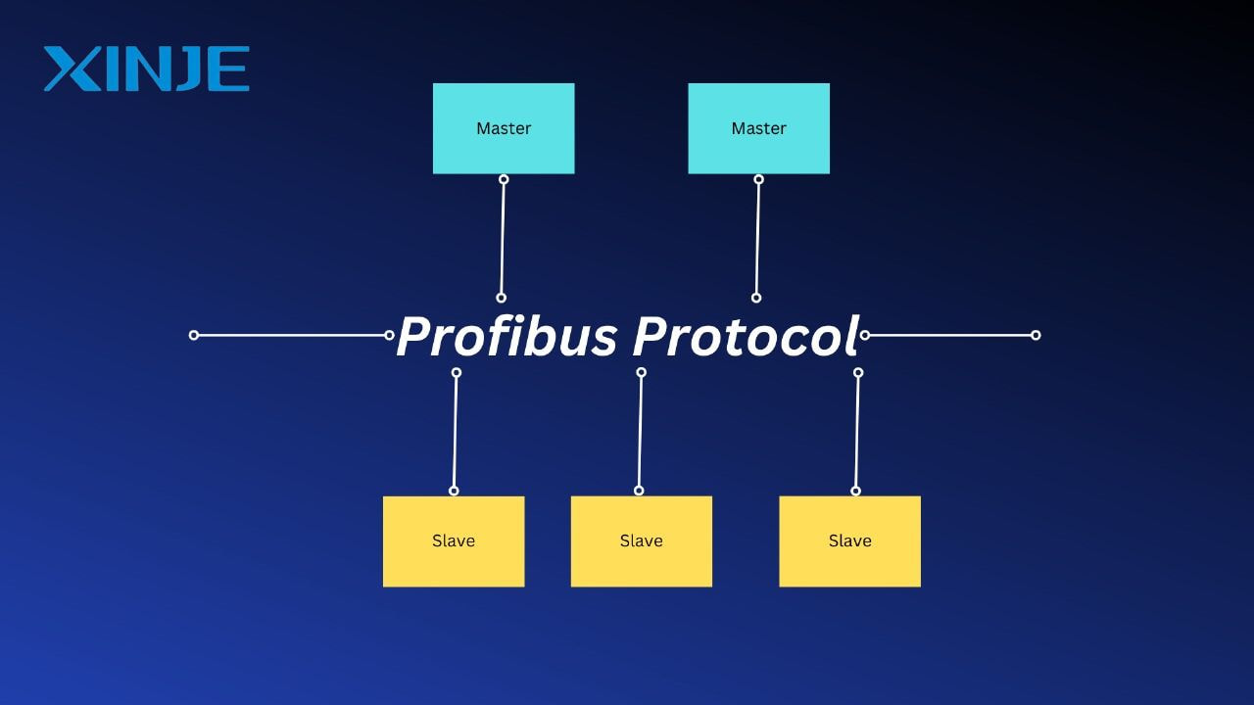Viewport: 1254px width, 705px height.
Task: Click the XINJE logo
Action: point(147,69)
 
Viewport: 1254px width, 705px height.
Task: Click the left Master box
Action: point(504,128)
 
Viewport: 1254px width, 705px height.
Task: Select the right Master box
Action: point(758,128)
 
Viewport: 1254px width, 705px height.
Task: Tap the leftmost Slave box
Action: point(454,541)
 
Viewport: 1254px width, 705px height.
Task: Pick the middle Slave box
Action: point(641,541)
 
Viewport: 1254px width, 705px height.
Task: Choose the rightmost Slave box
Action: point(849,541)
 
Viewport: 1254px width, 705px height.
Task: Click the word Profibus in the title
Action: point(506,336)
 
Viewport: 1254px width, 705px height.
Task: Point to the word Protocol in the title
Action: point(746,336)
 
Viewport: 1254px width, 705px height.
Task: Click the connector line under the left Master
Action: point(503,238)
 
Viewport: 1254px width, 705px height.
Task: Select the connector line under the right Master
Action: point(757,238)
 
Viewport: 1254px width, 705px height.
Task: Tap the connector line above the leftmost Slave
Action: point(456,432)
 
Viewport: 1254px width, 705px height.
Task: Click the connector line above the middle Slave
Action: point(640,432)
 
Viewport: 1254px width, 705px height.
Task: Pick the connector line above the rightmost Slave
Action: point(857,432)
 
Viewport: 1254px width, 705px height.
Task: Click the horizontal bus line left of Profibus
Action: point(291,335)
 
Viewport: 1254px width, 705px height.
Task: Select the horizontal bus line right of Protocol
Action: point(950,335)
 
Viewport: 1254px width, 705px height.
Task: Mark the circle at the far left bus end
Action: point(194,335)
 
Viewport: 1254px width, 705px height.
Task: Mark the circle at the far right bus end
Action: point(1036,335)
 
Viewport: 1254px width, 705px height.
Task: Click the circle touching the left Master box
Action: point(504,179)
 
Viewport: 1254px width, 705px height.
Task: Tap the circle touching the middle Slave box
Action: point(639,491)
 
